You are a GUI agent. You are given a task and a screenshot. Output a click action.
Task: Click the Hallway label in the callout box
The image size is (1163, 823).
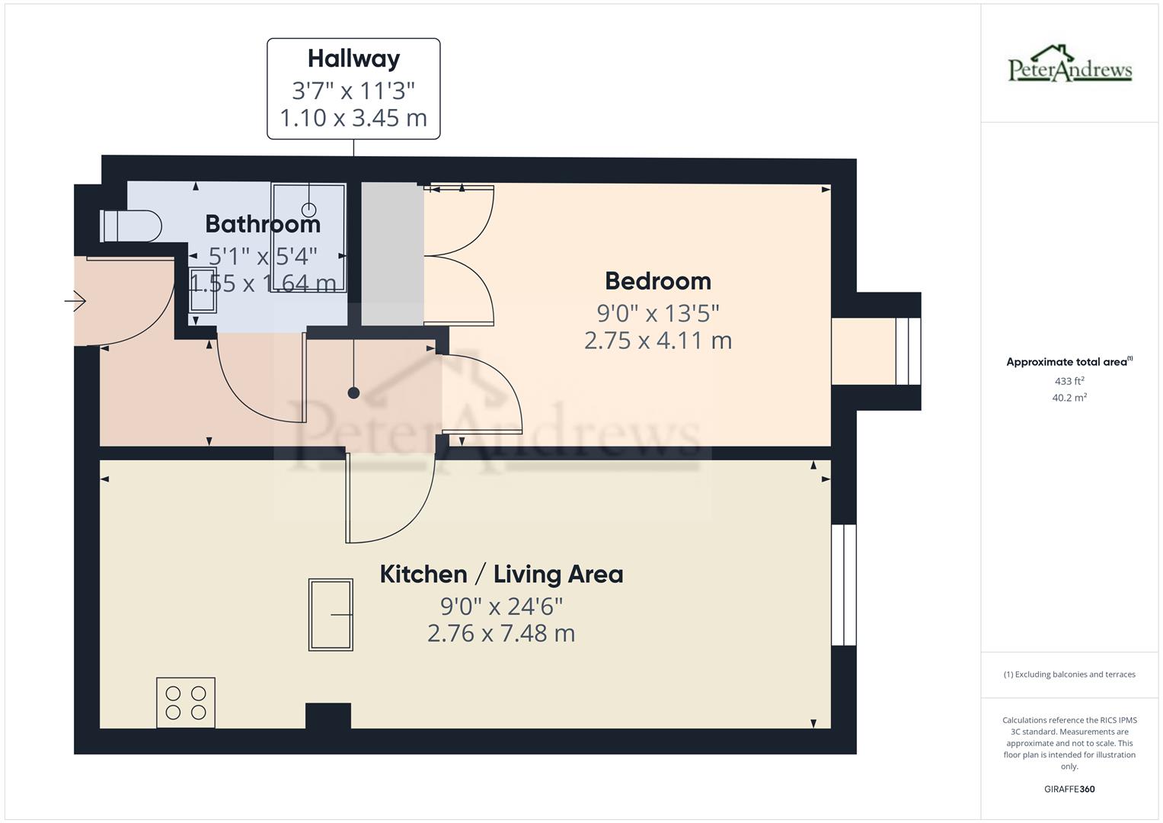click(353, 59)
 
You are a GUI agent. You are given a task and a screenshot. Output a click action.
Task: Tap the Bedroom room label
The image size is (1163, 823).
click(658, 281)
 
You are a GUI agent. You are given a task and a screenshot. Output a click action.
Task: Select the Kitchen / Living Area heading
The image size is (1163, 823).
click(501, 574)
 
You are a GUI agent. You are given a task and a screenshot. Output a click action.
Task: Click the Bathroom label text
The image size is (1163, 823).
click(263, 224)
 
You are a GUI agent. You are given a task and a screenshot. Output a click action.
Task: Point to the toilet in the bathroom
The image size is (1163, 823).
click(131, 226)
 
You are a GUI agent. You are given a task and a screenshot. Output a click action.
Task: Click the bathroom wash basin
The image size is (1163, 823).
click(203, 290)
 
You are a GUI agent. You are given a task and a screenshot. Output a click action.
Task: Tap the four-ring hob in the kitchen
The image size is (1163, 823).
click(186, 703)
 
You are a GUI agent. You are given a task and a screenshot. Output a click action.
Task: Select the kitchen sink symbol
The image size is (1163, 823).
click(331, 614)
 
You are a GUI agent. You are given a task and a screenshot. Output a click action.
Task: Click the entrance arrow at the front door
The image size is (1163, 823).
click(75, 302)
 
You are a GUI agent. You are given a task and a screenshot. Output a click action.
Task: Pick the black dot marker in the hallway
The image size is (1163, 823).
click(353, 393)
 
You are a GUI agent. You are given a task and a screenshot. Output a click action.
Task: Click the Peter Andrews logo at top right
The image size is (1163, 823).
click(1070, 64)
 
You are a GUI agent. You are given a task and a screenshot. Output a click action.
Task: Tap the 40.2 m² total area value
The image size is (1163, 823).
click(1069, 398)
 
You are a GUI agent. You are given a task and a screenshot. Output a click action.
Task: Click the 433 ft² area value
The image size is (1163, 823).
click(1069, 381)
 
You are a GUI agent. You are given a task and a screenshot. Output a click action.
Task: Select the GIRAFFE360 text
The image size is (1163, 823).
click(1069, 789)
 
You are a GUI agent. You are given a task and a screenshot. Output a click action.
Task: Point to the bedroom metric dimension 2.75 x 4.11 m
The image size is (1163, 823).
click(658, 340)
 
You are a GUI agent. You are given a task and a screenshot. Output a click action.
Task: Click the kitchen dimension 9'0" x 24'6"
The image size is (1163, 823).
click(501, 607)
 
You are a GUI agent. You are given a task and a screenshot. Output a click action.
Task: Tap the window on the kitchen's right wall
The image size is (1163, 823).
click(844, 584)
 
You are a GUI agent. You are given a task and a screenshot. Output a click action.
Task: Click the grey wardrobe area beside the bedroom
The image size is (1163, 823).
click(391, 254)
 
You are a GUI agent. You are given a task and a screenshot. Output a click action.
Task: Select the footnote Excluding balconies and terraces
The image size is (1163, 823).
click(1069, 674)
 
